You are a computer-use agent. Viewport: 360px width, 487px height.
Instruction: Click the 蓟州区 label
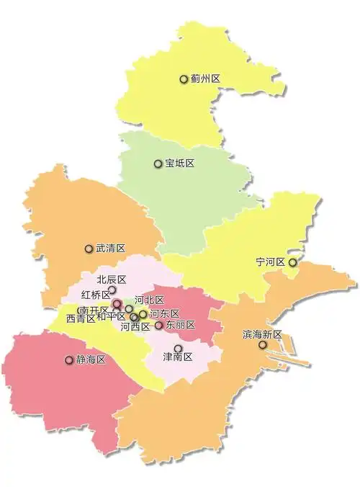click(x=205, y=79)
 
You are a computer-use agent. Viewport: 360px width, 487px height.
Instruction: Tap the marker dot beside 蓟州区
click(x=184, y=79)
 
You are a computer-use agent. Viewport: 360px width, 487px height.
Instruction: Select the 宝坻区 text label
click(x=180, y=164)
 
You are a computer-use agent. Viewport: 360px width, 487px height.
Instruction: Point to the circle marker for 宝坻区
click(x=158, y=164)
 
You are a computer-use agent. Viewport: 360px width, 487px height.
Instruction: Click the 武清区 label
click(x=111, y=249)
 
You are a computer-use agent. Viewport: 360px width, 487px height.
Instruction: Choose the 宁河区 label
click(x=271, y=262)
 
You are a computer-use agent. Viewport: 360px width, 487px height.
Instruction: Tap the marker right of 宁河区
click(x=292, y=262)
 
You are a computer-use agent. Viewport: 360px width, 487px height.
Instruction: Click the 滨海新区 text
click(x=262, y=334)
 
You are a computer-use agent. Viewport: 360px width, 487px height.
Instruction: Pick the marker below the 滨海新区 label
click(x=263, y=345)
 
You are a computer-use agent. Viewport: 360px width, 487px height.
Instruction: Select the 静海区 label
click(x=91, y=359)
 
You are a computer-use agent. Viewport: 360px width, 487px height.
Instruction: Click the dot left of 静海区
click(x=69, y=359)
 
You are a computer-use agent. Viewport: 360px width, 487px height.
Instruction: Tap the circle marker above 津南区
click(x=178, y=348)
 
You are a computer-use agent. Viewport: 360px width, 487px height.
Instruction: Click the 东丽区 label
click(x=181, y=325)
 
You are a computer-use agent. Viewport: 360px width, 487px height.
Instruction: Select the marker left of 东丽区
click(x=159, y=325)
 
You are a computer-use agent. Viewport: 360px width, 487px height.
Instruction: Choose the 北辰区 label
click(x=112, y=280)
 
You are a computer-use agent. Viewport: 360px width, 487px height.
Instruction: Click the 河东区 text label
click(x=165, y=313)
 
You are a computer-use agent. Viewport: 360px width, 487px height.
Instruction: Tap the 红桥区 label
click(x=96, y=294)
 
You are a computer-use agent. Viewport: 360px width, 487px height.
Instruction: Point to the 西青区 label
click(x=80, y=318)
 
